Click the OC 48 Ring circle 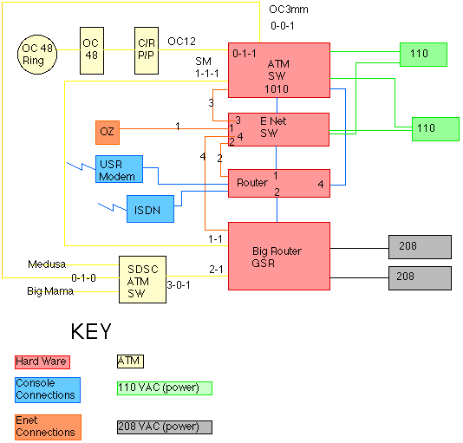pos(37,55)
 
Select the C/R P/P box pos(147,50)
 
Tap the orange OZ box pos(108,133)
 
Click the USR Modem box pos(120,169)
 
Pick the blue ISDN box pos(150,209)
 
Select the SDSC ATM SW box pos(142,279)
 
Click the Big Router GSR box pos(279,256)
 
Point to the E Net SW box pos(278,129)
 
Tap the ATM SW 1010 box pos(279,70)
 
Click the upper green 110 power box pos(423,55)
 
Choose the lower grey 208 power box pos(420,278)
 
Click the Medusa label pos(47,264)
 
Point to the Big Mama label pos(50,291)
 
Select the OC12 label pos(181,42)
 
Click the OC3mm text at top pos(289,10)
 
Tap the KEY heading pos(91,331)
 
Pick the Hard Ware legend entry pos(42,362)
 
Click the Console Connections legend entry pos(48,390)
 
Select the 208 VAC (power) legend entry pos(165,427)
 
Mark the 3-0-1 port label pos(179,285)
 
